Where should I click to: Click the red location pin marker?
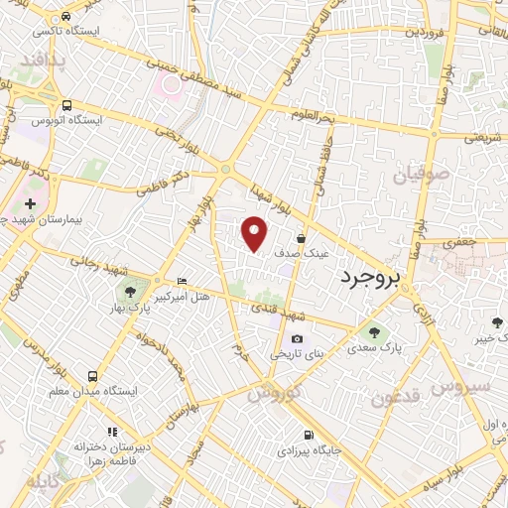[x=255, y=232]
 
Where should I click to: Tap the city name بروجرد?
[x=368, y=277]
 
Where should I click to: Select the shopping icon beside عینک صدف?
[x=302, y=238]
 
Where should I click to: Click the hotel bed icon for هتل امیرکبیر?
[x=180, y=281]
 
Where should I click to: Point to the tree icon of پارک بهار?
[x=129, y=291]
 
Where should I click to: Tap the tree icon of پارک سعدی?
[x=374, y=333]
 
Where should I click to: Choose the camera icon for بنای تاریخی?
[x=297, y=339]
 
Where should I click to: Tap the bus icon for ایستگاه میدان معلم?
[x=92, y=376]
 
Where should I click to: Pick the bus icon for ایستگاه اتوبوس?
[x=66, y=105]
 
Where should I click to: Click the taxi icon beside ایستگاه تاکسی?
[x=65, y=18]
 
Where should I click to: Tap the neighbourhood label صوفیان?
[x=421, y=176]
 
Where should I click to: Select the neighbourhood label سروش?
[x=461, y=385]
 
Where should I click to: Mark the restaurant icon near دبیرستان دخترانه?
[x=111, y=432]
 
